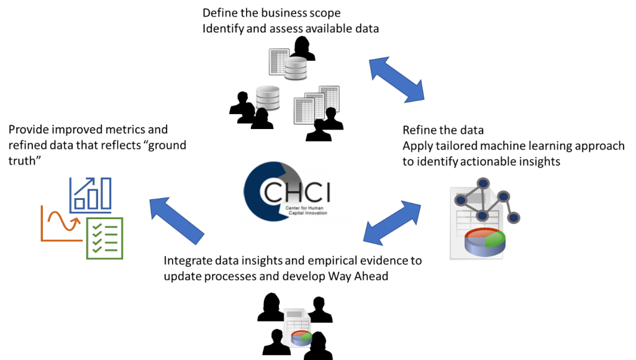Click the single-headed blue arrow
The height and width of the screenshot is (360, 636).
pos(176,220)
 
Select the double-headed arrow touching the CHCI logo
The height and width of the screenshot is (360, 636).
pos(392,222)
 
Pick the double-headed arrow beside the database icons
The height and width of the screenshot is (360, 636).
pos(396,79)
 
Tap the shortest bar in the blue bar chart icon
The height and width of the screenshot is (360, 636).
pos(79,204)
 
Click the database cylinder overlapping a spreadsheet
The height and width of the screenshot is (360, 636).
pos(296,68)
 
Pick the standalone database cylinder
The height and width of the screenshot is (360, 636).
pos(268,97)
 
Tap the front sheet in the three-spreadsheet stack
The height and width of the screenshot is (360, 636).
pos(302,110)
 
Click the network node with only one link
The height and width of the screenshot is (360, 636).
pos(514,217)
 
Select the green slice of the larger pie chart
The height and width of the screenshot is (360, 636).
pos(494,238)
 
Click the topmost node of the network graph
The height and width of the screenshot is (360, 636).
pos(483,183)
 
